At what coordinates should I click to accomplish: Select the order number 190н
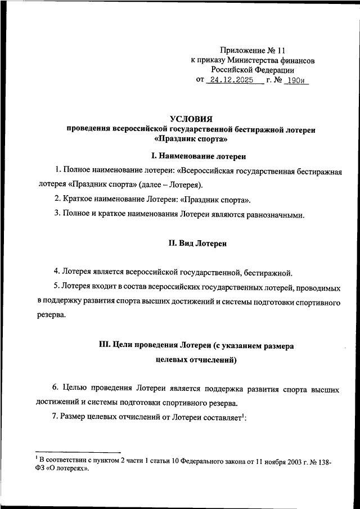pos(294,80)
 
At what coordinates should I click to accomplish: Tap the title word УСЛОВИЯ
pos(191,119)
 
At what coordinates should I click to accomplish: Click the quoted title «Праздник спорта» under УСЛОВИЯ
pos(191,139)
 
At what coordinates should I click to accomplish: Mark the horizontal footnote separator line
pos(78,452)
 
